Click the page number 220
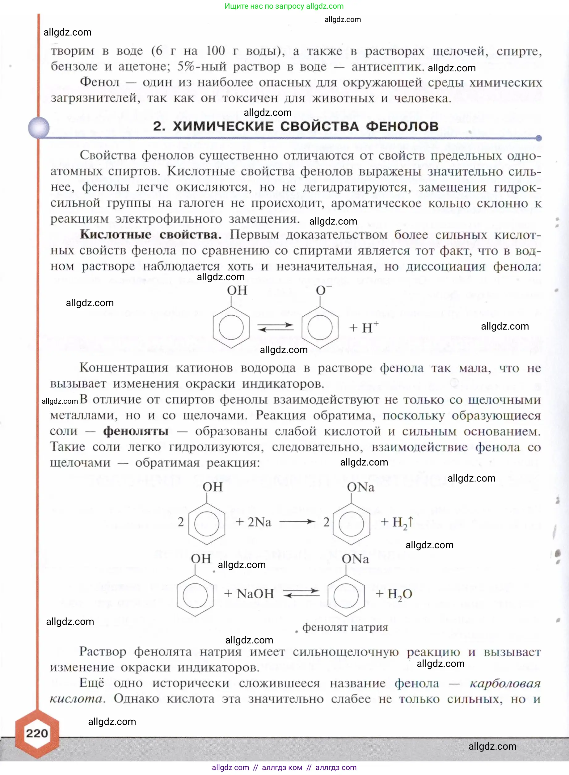click(x=37, y=733)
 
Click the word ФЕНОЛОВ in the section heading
click(x=402, y=126)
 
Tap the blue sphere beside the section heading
click(x=39, y=128)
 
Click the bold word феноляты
click(x=136, y=431)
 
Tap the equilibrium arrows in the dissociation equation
click(x=276, y=327)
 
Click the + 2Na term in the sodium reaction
click(x=254, y=522)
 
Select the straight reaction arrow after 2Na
click(x=297, y=522)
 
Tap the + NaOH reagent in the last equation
click(x=249, y=593)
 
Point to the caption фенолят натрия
click(x=345, y=627)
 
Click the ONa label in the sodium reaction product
click(x=360, y=487)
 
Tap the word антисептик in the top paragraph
click(x=387, y=66)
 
